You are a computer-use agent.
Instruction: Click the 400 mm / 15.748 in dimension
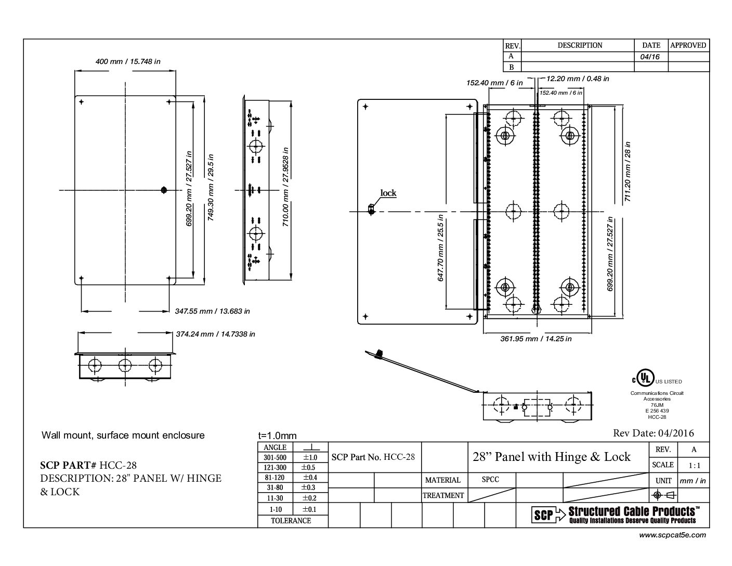(128, 61)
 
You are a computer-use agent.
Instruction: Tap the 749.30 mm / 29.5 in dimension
(211, 187)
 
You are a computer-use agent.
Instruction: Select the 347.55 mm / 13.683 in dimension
(212, 311)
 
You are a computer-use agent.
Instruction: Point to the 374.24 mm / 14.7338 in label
(215, 334)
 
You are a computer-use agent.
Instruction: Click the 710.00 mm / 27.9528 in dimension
(285, 187)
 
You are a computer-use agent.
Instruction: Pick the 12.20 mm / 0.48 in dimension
(578, 79)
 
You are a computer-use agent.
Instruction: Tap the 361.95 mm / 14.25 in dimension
(536, 339)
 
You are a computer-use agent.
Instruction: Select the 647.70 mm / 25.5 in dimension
(440, 248)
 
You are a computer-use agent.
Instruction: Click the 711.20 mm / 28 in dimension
(627, 172)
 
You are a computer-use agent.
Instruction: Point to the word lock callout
(388, 193)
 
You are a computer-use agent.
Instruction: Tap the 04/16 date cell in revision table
(650, 57)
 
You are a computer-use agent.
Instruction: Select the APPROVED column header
(688, 45)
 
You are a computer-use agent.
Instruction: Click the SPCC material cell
(490, 479)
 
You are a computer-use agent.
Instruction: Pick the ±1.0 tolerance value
(310, 457)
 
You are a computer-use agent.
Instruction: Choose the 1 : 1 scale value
(694, 466)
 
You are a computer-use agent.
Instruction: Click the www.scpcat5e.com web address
(672, 535)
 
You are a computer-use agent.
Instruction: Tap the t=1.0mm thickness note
(277, 435)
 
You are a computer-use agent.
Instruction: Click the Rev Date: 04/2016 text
(653, 433)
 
